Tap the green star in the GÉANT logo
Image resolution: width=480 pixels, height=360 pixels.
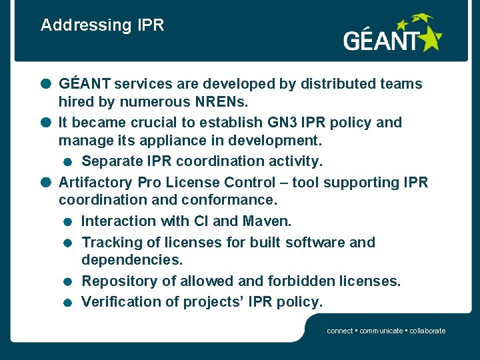click(x=429, y=37)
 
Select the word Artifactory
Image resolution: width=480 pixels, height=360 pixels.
click(x=96, y=183)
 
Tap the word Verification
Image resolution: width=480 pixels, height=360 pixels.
click(x=119, y=302)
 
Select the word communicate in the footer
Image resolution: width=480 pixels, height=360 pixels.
click(x=381, y=331)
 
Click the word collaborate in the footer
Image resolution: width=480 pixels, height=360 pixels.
click(x=427, y=331)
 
